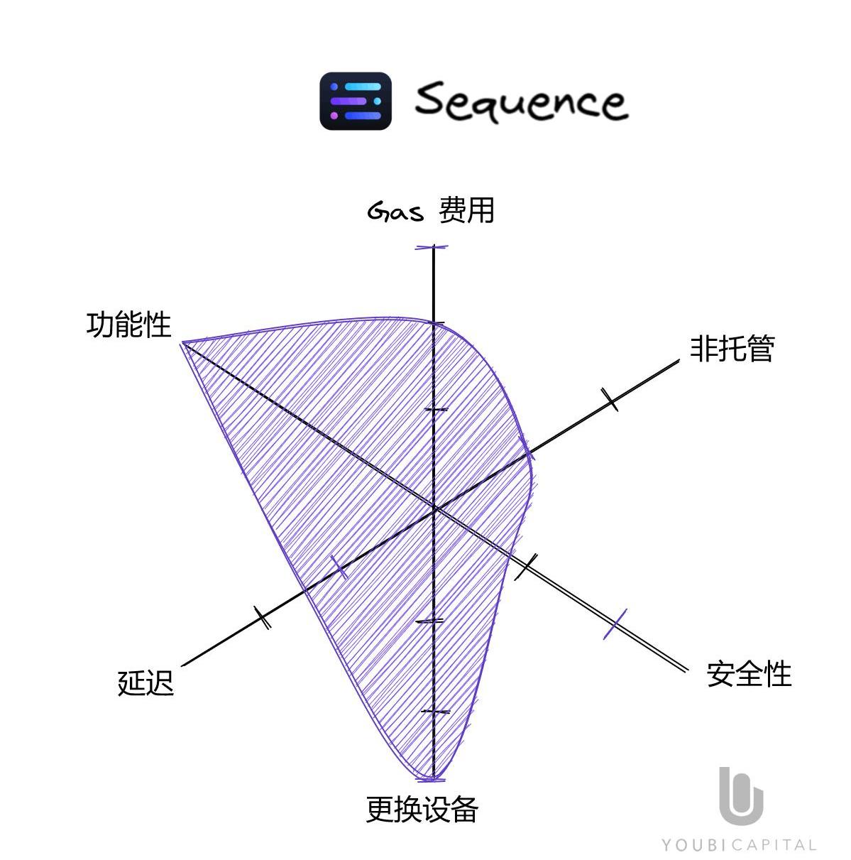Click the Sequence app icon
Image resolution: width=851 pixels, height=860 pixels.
(x=356, y=101)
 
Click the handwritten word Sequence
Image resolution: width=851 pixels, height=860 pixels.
(x=521, y=101)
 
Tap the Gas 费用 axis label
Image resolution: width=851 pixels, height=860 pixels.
(x=431, y=211)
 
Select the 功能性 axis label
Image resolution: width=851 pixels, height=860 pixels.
(x=128, y=325)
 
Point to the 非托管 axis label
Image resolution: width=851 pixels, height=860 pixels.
(x=732, y=349)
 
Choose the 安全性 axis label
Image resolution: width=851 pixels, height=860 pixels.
(x=749, y=674)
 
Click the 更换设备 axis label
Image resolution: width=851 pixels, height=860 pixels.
(x=422, y=809)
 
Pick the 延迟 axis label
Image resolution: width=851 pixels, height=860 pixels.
(x=146, y=683)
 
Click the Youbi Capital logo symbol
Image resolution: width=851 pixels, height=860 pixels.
(x=740, y=795)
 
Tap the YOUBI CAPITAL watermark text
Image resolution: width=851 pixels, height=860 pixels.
(x=739, y=845)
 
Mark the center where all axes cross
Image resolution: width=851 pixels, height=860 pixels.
(x=434, y=508)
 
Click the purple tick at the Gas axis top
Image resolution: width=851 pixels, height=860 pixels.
(x=433, y=247)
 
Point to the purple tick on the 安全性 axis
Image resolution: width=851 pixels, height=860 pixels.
(x=615, y=624)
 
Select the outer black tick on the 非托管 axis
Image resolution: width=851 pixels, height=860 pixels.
(x=610, y=399)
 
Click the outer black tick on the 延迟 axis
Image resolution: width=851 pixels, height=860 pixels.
(x=263, y=617)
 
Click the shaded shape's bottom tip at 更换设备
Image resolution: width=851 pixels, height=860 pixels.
(x=432, y=778)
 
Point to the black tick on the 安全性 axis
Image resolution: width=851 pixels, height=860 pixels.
(x=526, y=566)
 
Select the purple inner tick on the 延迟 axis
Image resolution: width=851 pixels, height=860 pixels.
(x=339, y=567)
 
